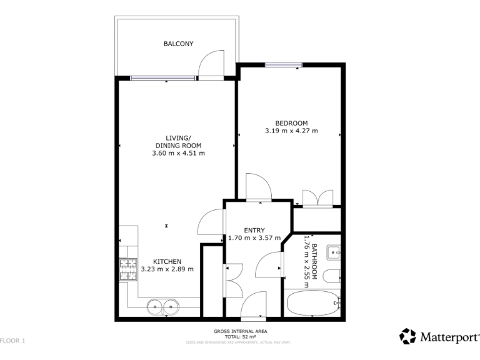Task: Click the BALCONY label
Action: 178,44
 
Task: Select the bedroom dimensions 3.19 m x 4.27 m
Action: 292,131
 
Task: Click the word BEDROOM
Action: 292,122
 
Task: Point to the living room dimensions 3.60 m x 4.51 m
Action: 178,153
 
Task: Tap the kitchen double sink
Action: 164,307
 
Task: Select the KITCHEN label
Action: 167,261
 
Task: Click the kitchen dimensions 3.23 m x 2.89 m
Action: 167,269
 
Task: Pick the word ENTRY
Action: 254,230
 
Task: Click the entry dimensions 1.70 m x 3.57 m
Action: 254,238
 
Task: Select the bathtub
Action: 313,305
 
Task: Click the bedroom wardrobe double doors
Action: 317,197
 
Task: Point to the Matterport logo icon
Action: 407,336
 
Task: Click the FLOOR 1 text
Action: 12,341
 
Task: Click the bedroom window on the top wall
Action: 284,64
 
